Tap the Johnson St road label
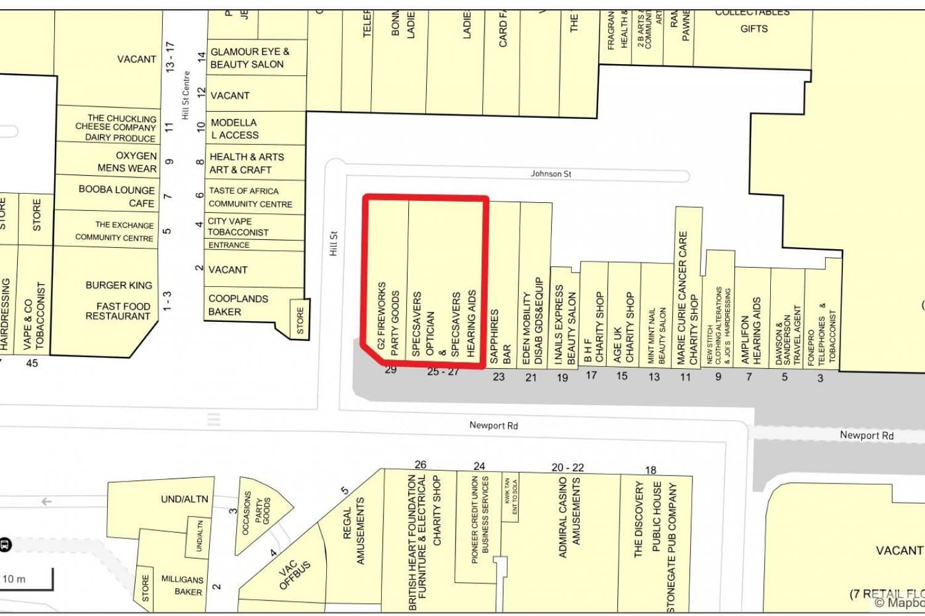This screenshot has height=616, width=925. [551, 174]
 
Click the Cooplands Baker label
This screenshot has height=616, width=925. [238, 305]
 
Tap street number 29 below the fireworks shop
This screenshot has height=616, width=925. [390, 370]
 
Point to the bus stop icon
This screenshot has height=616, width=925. [5, 544]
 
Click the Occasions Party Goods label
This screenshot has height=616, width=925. [257, 512]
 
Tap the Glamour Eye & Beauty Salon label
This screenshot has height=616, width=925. [249, 58]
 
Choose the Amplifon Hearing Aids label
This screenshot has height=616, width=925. [751, 330]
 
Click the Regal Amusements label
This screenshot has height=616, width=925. [354, 530]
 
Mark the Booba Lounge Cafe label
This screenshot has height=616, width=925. [117, 196]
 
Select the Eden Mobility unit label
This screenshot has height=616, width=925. [533, 321]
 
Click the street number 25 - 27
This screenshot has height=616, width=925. [443, 372]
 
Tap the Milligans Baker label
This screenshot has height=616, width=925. [182, 585]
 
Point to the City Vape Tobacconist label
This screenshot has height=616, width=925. [238, 226]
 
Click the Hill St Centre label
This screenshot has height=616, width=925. [185, 96]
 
